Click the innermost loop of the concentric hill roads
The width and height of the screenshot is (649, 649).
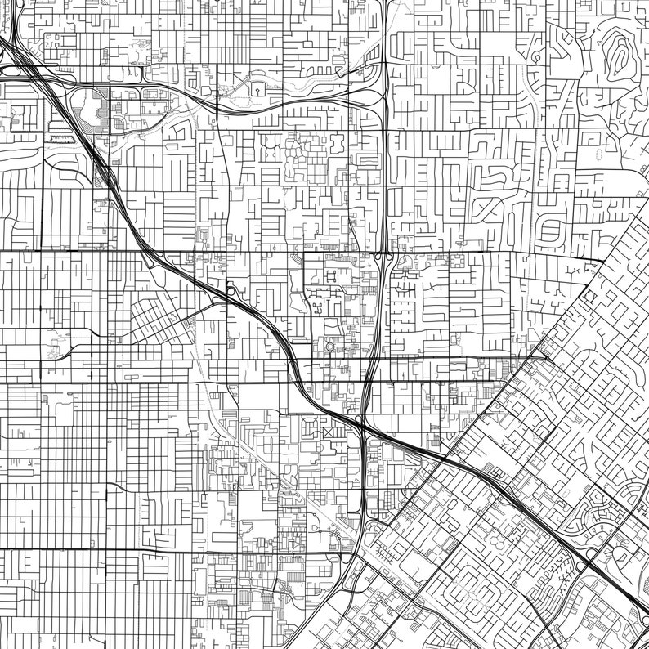(619, 55)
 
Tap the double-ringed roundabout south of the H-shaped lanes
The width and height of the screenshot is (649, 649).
(330, 347)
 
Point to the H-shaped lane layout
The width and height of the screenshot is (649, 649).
(330, 275)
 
